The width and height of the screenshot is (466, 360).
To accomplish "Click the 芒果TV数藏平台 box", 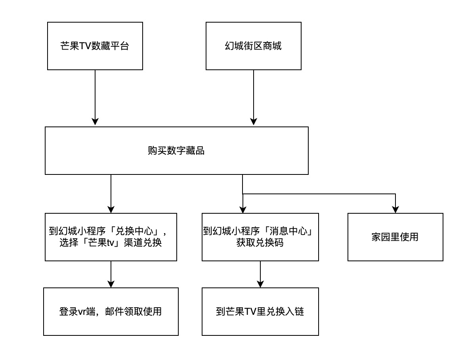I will tap(95, 46).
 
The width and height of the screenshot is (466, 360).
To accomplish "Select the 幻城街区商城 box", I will tap(253, 46).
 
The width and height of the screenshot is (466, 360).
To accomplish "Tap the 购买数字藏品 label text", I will tap(176, 151).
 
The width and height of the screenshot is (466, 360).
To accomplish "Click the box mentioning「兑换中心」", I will tap(111, 237).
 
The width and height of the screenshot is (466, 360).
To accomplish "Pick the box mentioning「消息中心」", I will tap(260, 237).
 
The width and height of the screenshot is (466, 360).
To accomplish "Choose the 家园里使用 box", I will tap(395, 237).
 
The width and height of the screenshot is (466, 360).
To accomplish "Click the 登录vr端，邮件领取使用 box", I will tap(111, 312).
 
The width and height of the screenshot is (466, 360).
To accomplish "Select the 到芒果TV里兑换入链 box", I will tap(260, 312).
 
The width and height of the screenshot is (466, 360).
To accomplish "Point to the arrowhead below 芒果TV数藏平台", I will tap(95, 122).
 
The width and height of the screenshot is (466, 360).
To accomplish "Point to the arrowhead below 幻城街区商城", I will tap(254, 122).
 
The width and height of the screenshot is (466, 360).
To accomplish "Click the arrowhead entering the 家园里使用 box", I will tap(395, 209).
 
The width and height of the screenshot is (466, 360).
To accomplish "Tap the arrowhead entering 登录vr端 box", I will tap(111, 283).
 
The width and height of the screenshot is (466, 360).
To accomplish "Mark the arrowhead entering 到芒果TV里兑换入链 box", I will tap(260, 283).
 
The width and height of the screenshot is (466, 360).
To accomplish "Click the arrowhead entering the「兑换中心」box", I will tap(111, 209).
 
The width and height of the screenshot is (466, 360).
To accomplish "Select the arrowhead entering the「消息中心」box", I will tap(243, 209).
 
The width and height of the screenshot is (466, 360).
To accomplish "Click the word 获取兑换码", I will tap(260, 243).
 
